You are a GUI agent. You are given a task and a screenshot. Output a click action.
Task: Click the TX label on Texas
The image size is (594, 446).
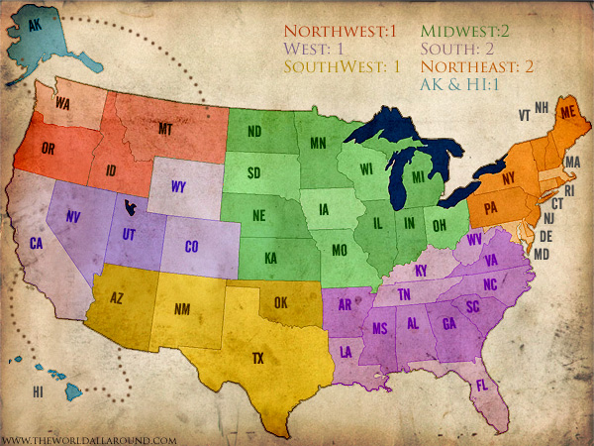(x=258, y=358)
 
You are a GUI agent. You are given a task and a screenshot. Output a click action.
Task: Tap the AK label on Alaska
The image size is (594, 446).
(x=36, y=28)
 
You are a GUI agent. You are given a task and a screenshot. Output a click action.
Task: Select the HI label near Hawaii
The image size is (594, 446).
(x=38, y=392)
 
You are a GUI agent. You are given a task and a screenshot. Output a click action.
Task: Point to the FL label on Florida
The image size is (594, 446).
(x=482, y=385)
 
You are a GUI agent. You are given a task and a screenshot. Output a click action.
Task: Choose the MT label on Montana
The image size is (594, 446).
(x=166, y=129)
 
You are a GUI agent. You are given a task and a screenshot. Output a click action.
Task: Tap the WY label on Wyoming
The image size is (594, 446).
(x=178, y=185)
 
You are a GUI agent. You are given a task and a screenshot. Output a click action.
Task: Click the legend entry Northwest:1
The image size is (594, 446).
(x=340, y=31)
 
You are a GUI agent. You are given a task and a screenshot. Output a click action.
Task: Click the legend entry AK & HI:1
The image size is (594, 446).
(x=457, y=84)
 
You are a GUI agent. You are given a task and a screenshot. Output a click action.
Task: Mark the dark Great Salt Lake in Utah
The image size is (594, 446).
(x=129, y=207)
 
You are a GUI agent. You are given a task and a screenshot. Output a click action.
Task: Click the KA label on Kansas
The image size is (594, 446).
(x=269, y=257)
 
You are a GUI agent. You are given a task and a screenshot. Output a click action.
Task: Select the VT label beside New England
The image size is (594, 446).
(x=524, y=115)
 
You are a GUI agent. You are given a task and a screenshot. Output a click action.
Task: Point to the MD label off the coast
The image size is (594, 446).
(x=541, y=254)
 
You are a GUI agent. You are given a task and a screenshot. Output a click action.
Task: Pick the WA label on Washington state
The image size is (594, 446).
(x=62, y=103)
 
